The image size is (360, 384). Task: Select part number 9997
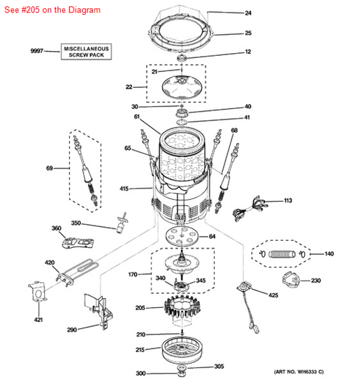pyautogui.click(x=36, y=52)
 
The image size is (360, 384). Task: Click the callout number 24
pyautogui.click(x=247, y=13)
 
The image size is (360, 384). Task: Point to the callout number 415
pyautogui.click(x=124, y=189)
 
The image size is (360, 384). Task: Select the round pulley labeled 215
pyautogui.click(x=184, y=348)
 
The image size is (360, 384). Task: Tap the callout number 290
pyautogui.click(x=71, y=329)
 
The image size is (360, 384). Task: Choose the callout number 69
pyautogui.click(x=50, y=168)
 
